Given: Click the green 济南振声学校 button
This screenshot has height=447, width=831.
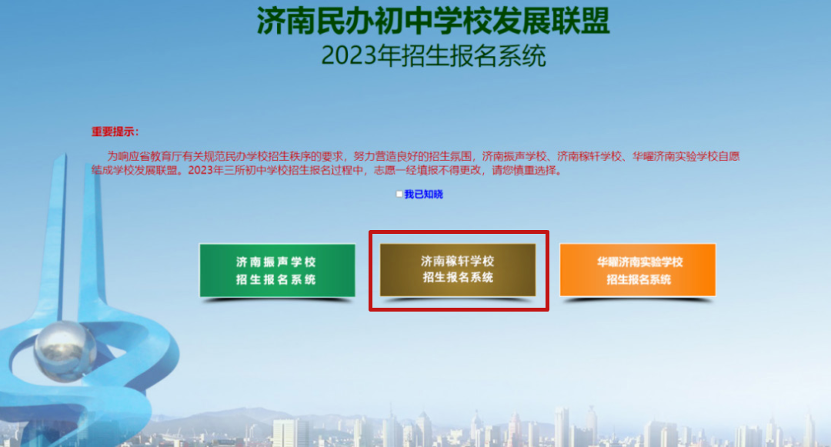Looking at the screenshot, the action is [277, 270].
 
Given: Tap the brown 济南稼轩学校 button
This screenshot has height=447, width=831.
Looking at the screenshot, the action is [458, 270].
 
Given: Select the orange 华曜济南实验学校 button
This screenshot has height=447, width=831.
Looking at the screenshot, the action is [638, 270].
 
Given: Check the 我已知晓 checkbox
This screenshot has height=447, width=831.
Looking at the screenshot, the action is [399, 195].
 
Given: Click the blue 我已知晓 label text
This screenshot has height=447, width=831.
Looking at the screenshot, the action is [423, 195].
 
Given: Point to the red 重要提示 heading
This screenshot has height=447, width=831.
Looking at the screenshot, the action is [115, 132].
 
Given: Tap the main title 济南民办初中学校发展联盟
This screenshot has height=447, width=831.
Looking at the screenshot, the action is [433, 22].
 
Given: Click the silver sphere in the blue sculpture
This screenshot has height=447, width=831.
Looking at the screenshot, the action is [65, 350].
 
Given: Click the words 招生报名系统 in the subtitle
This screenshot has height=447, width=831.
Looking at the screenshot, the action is [473, 55].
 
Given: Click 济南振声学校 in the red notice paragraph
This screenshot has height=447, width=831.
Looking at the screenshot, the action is [514, 156].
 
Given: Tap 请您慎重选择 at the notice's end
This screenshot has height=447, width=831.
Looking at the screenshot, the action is [524, 170].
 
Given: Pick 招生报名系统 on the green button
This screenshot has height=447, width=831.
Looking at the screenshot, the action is [276, 279].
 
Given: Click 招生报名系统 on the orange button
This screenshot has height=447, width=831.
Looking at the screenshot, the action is [639, 279].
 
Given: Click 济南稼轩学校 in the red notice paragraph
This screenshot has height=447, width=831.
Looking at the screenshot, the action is [589, 156].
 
